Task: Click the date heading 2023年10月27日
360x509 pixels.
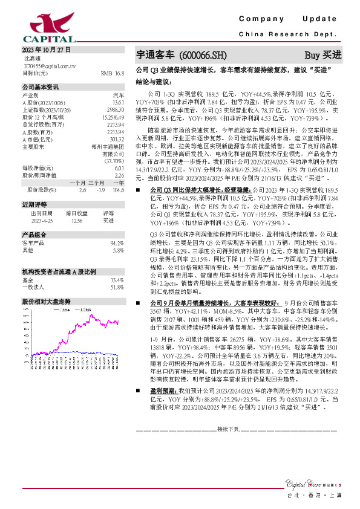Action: [x=47, y=49]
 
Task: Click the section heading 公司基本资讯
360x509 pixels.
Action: [x=41, y=87]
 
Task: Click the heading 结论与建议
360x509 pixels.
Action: [x=153, y=80]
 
